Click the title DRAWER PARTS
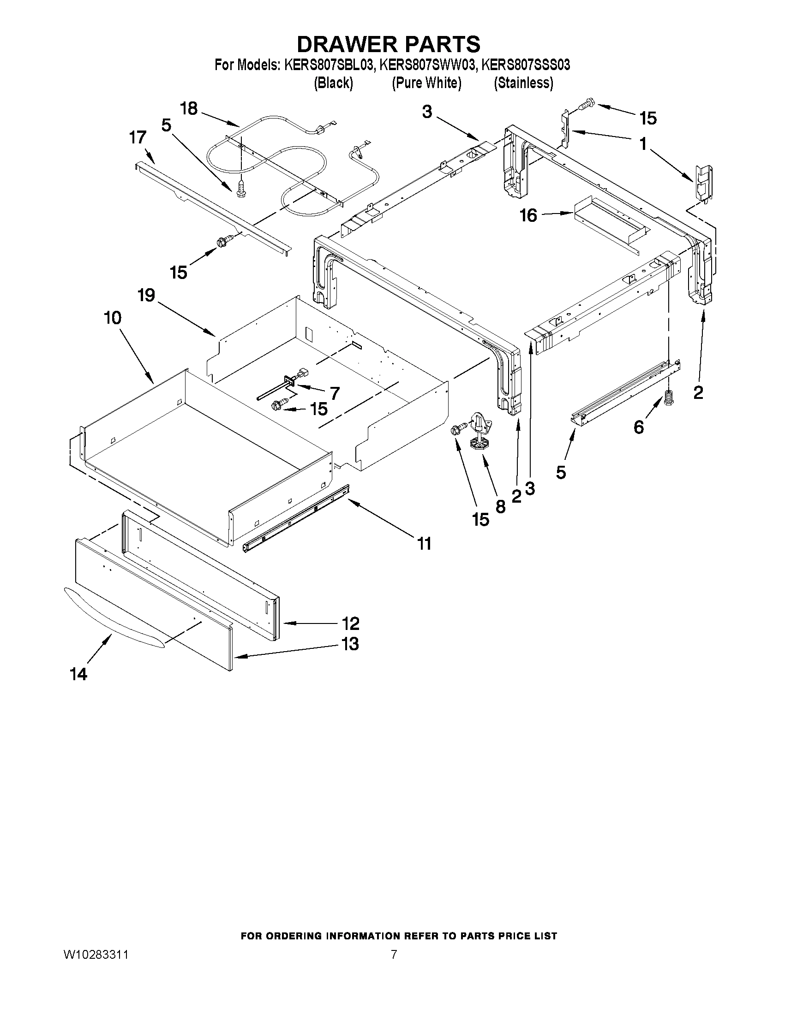coord(388,44)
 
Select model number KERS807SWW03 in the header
coord(427,65)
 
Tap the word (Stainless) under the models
coord(523,83)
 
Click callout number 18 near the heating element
coord(189,109)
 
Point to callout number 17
coord(138,137)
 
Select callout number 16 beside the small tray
coord(528,215)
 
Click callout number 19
coord(146,295)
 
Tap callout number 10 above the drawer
coord(113,318)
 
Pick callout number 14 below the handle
coord(78,674)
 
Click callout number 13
coord(350,644)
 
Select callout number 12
coord(350,623)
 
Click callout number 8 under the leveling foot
coord(500,506)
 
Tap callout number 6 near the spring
coord(639,427)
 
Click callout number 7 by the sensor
coord(335,393)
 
